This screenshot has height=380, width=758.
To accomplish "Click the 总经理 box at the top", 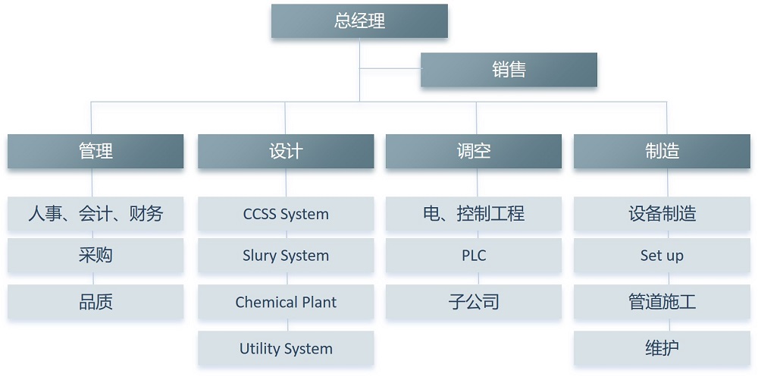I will pyautogui.click(x=359, y=21).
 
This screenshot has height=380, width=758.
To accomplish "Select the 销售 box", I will pyautogui.click(x=509, y=70).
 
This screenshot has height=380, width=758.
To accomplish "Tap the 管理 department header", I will pyautogui.click(x=96, y=151).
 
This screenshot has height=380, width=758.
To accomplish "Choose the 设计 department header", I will pyautogui.click(x=286, y=151).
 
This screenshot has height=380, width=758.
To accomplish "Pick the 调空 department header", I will pyautogui.click(x=474, y=151).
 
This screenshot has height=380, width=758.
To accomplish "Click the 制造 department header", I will pyautogui.click(x=662, y=151).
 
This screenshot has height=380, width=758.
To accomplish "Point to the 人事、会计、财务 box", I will pyautogui.click(x=96, y=214).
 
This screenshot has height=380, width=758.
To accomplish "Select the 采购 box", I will pyautogui.click(x=96, y=256).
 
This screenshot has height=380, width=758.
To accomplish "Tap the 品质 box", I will pyautogui.click(x=96, y=302).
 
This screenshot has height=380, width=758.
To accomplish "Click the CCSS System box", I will pyautogui.click(x=286, y=214).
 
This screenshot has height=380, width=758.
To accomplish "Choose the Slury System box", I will pyautogui.click(x=286, y=256).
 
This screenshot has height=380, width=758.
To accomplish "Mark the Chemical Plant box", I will pyautogui.click(x=286, y=302).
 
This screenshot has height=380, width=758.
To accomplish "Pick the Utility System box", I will pyautogui.click(x=286, y=349).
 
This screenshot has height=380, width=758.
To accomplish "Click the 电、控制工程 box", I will pyautogui.click(x=474, y=214).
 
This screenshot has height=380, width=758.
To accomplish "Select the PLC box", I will pyautogui.click(x=474, y=256).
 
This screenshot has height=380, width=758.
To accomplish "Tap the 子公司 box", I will pyautogui.click(x=474, y=302).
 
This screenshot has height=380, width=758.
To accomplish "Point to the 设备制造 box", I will pyautogui.click(x=662, y=214).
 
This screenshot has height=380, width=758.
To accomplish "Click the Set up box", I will pyautogui.click(x=662, y=256).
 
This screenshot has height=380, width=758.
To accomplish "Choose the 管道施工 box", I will pyautogui.click(x=662, y=302).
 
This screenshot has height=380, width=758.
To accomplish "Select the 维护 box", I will pyautogui.click(x=662, y=349).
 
